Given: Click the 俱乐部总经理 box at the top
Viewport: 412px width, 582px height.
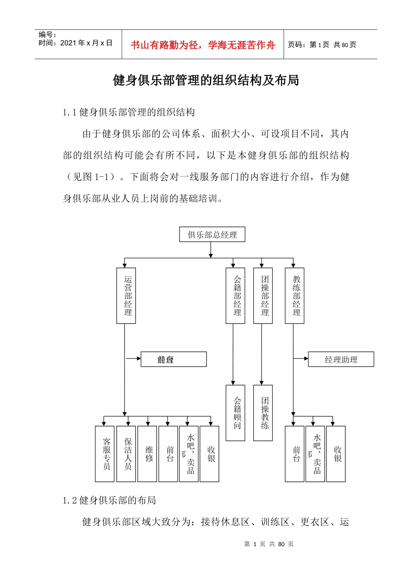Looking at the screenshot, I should coord(212,235).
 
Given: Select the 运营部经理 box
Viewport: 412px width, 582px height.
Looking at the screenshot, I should coord(126,296).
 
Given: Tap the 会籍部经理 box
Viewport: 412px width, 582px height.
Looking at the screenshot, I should coord(235,296).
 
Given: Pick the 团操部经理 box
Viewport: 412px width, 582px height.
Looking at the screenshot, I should coord(263,296).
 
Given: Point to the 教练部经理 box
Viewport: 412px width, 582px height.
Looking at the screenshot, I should coord(294,296).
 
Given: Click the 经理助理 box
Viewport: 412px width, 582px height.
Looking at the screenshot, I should coord(341,359).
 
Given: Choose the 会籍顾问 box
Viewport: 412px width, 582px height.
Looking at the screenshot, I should coord(235,413).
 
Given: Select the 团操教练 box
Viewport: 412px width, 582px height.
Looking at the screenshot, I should coord(263,413).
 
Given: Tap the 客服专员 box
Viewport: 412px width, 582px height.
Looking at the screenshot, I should coord(105,454).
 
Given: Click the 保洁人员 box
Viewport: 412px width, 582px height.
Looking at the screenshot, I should coord(126,454).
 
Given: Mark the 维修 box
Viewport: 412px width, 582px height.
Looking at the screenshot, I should coord(147,454).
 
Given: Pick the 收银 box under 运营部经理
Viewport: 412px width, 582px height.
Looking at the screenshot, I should coord(210,454).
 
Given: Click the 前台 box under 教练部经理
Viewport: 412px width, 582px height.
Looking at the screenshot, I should coord(294,454).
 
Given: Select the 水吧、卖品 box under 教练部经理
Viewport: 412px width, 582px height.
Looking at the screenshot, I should coord(315,454).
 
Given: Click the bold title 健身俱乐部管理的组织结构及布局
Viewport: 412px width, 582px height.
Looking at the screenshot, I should coord(206,81).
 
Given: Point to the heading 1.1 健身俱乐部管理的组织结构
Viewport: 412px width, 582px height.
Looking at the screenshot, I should coord(129,113).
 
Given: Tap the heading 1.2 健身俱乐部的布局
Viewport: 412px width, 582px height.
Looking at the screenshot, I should coord(109,501).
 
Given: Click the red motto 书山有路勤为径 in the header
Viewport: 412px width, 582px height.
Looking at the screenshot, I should coord(203,45).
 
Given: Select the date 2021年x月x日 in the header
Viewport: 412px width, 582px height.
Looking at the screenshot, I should coord(75,43).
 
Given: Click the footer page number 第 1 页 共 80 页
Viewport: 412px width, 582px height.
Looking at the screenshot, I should coord(269,544).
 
